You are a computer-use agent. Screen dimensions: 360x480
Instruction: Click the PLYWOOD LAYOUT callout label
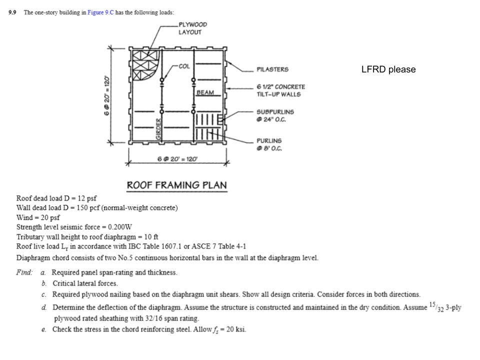tap(192, 28)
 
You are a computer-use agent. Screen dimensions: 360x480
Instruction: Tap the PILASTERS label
tap(272, 69)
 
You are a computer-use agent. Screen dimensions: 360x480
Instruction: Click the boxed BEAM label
tap(205, 92)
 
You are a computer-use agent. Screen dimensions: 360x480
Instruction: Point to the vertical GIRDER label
tap(158, 129)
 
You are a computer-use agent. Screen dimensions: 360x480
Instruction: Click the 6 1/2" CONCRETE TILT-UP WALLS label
tap(280, 90)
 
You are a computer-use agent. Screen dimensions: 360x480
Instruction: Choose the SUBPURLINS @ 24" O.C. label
tap(275, 115)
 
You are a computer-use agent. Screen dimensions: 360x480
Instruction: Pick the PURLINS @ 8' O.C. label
tap(269, 144)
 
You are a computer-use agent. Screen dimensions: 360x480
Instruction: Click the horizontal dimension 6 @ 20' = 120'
tap(177, 159)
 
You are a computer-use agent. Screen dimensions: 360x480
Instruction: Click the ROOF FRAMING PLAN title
tap(176, 185)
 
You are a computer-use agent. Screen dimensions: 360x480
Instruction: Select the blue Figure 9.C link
tap(100, 12)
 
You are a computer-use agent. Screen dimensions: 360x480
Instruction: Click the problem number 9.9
tap(13, 12)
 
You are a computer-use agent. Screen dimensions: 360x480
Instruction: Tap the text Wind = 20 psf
tap(38, 217)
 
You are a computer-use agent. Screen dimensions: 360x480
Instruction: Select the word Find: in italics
tap(25, 272)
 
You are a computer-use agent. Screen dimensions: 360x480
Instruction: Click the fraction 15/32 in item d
tap(434, 306)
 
